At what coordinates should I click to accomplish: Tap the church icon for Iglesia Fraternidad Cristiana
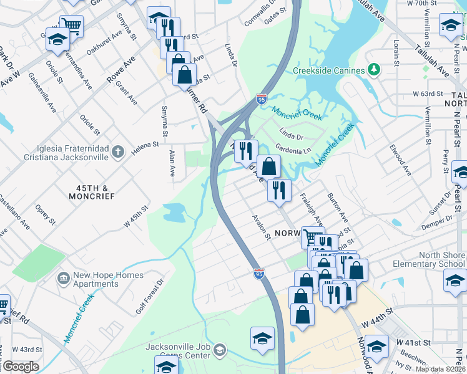118,151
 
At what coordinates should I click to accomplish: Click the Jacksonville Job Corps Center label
178,351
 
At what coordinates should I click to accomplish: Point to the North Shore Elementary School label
428,259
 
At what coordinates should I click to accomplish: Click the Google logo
20,367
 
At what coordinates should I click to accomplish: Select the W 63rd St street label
428,93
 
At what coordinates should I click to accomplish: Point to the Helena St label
145,147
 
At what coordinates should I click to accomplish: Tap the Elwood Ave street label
400,160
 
